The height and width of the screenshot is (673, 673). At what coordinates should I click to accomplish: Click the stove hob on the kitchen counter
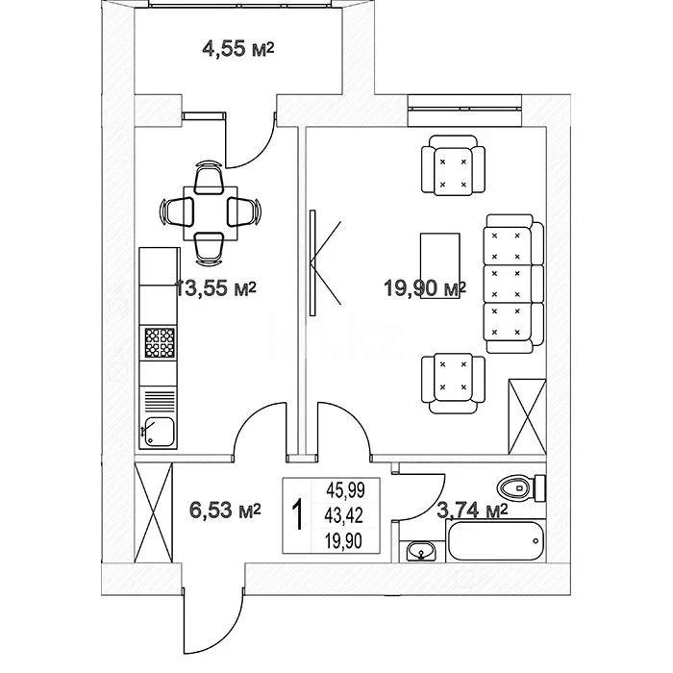[160, 342]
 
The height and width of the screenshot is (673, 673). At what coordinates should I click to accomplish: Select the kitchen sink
[159, 432]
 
